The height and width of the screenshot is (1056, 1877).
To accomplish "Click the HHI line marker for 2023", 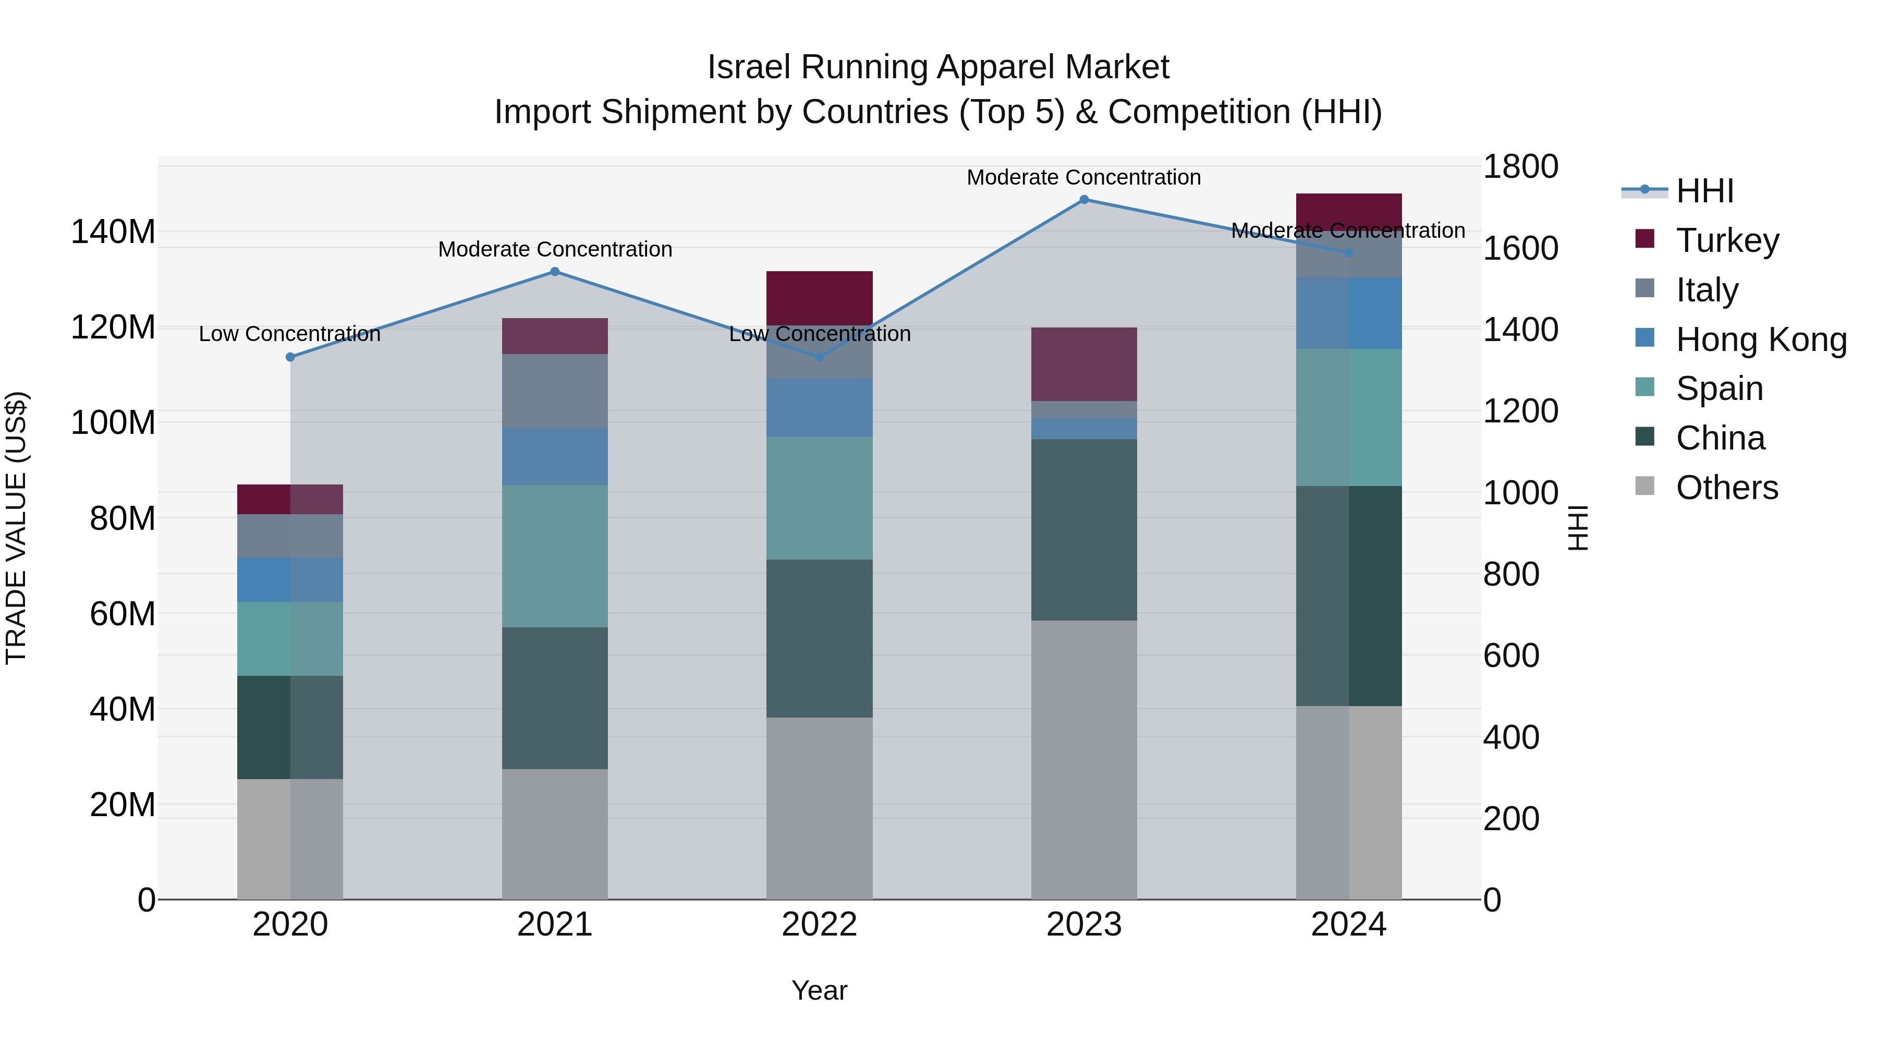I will pos(1083,200).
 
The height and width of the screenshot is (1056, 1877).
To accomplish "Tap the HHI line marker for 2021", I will pos(555,272).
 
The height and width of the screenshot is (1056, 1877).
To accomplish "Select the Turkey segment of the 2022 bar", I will pos(819,298).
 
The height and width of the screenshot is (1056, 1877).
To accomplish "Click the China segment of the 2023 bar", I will pos(1083,530).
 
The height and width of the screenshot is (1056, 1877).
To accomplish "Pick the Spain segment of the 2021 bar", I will pos(555,556).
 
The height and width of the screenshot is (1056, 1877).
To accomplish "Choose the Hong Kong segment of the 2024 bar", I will pos(1349,313).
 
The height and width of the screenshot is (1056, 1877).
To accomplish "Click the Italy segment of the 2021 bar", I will pos(555,391).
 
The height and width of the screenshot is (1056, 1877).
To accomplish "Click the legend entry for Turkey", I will pos(1726,240).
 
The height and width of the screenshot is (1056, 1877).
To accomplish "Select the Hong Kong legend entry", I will pos(1760,339).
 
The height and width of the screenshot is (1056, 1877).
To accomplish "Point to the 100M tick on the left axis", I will pos(113,423).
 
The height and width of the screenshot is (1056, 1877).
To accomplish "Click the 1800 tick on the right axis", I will pos(1520,167).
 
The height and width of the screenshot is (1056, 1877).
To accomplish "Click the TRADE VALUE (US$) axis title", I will pos(16,528).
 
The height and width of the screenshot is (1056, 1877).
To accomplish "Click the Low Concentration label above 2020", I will pos(289,334).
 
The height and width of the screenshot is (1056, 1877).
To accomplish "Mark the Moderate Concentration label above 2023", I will pos(1083,177).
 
